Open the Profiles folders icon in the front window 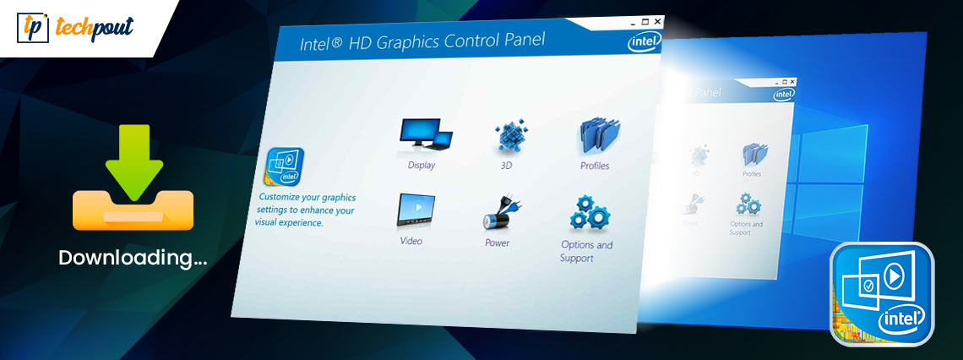(595, 137)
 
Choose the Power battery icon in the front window (498, 213)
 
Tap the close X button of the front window (658, 21)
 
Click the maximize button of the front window (645, 21)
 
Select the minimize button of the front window (633, 21)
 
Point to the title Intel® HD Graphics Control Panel (422, 41)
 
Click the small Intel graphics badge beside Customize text (285, 166)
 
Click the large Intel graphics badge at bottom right (881, 295)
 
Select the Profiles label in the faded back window (752, 174)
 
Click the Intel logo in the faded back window (784, 94)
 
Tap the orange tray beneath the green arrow (133, 211)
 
